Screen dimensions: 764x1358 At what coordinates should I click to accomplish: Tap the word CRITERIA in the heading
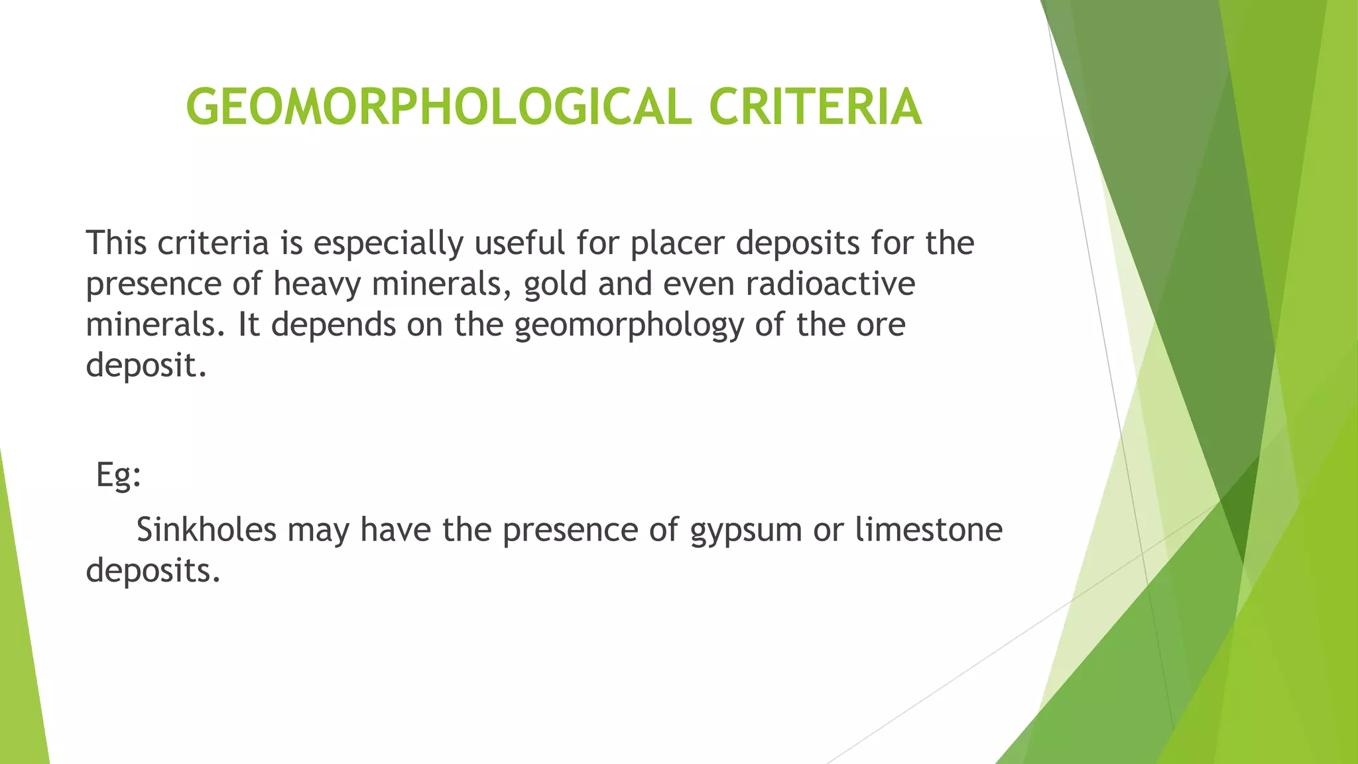tap(815, 107)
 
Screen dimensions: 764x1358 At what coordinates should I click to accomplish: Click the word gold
tap(555, 285)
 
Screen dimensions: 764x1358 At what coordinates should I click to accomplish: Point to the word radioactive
tap(830, 285)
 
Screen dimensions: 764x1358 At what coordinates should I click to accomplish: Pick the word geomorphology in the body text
tap(629, 326)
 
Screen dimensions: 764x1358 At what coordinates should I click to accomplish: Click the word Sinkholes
tap(206, 530)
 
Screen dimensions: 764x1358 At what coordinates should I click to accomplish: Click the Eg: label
tap(119, 476)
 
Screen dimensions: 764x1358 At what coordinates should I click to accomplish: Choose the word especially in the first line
tap(388, 243)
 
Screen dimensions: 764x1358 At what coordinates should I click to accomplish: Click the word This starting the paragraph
tap(116, 243)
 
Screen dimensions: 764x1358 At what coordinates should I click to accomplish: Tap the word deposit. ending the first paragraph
tap(146, 366)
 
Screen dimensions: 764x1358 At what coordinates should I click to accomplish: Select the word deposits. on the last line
tap(153, 571)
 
